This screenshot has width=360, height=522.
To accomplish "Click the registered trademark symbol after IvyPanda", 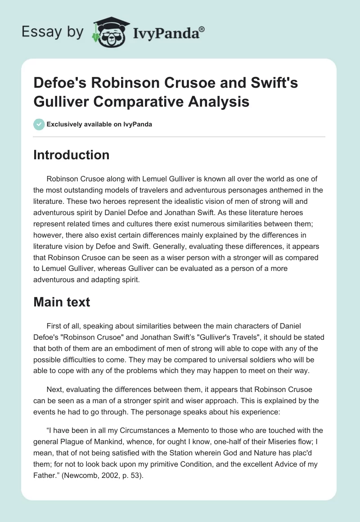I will click(202, 29).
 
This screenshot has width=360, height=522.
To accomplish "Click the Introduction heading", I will click(72, 155).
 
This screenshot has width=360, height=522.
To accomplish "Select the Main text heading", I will click(62, 302).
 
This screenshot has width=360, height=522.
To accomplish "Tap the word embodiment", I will click(154, 349).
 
